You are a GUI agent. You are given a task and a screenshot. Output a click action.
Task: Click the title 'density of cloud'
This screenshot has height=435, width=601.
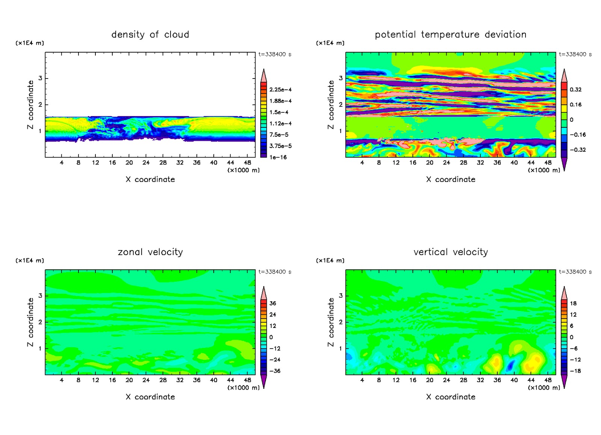tap(150, 35)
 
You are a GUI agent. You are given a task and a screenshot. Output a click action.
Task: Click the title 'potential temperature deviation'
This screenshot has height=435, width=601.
tap(450, 35)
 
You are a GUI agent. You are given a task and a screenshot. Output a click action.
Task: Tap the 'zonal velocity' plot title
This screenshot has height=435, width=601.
tap(150, 252)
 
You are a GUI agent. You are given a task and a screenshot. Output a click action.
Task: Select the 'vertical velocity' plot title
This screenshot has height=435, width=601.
tap(450, 252)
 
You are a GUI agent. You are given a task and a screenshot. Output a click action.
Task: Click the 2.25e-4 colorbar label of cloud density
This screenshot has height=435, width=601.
tap(280, 90)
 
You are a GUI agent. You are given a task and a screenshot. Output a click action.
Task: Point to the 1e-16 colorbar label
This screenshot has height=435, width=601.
tap(278, 157)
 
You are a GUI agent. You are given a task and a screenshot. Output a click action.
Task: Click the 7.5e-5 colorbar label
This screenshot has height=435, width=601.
tap(279, 135)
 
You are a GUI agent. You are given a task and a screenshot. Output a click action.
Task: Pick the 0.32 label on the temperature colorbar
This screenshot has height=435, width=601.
tap(575, 90)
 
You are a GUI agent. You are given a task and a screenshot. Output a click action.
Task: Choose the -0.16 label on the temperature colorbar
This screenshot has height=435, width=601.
tap(577, 135)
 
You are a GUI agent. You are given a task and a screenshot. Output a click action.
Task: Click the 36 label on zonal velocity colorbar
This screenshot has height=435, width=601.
tap(273, 304)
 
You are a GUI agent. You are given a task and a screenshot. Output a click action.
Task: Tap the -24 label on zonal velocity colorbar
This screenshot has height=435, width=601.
tap(275, 360)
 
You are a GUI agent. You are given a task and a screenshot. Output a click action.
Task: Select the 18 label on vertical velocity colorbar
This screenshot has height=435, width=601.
tap(573, 304)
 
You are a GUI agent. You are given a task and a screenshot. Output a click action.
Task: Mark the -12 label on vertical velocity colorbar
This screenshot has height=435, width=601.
tap(575, 360)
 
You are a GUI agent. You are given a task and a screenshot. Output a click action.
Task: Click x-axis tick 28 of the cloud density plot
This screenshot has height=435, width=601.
tap(163, 163)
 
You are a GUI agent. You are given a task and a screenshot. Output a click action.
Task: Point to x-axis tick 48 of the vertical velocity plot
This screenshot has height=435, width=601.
tap(548, 380)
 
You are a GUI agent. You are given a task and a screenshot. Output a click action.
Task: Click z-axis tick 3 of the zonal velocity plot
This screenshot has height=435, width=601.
tap(40, 296)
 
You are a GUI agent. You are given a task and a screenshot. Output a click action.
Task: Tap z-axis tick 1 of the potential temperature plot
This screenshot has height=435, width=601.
tap(341, 131)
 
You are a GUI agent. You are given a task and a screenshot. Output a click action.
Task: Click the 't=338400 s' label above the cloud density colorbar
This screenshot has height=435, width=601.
tap(275, 54)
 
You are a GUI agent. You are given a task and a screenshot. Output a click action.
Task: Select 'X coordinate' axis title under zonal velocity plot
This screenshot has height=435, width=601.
tap(150, 397)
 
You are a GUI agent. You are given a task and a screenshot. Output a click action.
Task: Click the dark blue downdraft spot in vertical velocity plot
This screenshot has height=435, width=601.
tap(511, 365)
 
